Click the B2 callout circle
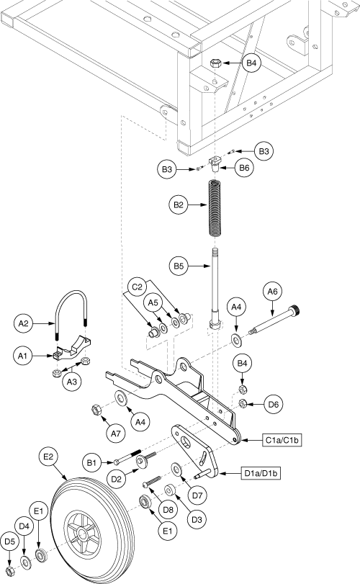(x=179, y=205)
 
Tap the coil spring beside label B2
(x=214, y=208)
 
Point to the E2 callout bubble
(x=49, y=457)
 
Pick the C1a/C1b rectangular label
(x=282, y=440)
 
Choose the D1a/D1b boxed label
(x=261, y=473)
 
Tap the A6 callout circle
(x=273, y=292)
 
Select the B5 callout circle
(x=179, y=266)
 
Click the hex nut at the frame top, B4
(x=216, y=63)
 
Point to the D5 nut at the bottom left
(x=10, y=570)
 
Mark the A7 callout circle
(x=116, y=433)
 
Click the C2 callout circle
(x=138, y=287)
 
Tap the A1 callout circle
(x=23, y=356)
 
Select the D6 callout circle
(x=274, y=404)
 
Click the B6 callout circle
(x=244, y=168)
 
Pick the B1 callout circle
(x=91, y=463)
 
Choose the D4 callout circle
(x=24, y=526)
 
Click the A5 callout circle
(x=153, y=302)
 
